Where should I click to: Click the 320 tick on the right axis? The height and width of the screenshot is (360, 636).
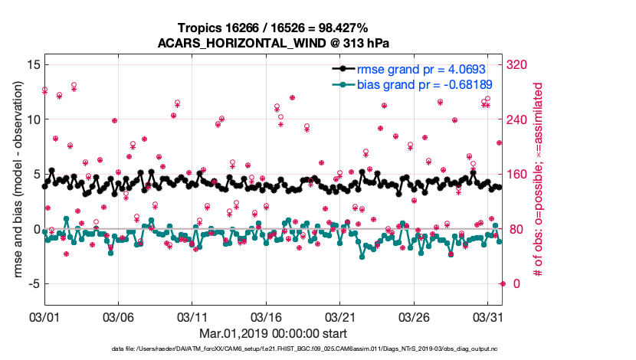(519, 65)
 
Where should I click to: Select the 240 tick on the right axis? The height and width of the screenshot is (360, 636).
(519, 119)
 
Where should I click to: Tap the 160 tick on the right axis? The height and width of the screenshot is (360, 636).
(519, 175)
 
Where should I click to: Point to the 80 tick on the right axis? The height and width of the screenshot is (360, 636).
(516, 229)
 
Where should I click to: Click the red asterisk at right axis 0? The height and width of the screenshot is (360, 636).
(502, 283)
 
